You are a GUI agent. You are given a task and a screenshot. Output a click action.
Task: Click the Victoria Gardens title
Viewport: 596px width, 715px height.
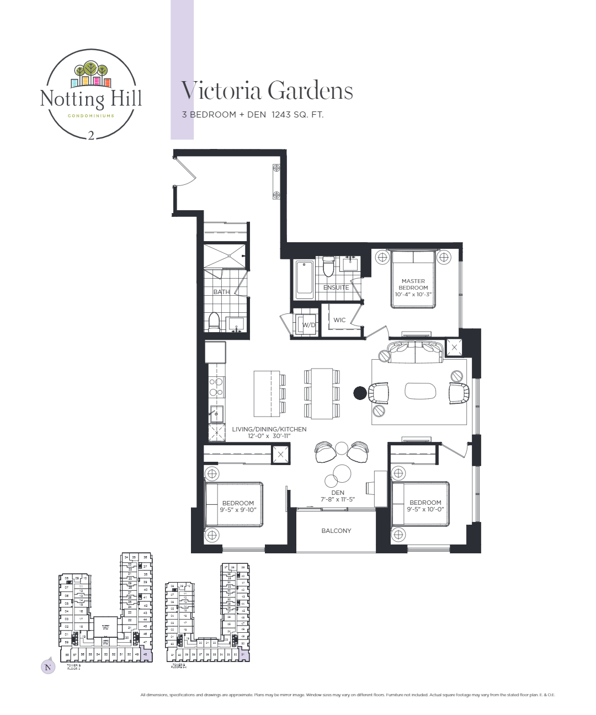point(267,91)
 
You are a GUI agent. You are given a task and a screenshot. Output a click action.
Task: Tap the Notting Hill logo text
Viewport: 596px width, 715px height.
point(91,99)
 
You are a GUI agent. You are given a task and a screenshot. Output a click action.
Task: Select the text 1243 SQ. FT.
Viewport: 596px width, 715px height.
point(297,115)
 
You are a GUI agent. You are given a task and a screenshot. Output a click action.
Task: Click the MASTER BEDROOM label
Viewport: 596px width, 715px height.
point(413,284)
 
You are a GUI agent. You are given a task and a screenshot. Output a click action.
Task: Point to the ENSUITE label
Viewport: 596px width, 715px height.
point(336,287)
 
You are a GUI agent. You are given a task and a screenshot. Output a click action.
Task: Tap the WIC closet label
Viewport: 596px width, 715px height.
point(339,320)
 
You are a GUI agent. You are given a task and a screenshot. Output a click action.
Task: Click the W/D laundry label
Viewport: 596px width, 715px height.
point(308,325)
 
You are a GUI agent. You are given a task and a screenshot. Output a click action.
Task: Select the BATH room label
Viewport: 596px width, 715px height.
point(221,292)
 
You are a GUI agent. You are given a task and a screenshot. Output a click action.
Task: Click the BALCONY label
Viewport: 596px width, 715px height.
point(336,531)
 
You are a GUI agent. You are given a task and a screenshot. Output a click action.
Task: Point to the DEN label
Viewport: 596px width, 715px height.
point(338,493)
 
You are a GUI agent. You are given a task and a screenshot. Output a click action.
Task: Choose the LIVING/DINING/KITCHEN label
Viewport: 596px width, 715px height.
point(269,429)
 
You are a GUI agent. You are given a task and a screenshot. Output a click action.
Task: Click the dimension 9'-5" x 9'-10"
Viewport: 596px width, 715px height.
point(238,510)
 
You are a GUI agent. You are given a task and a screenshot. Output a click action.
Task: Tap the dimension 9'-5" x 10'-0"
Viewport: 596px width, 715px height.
point(425,509)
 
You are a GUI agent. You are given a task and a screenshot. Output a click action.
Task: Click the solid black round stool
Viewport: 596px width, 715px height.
point(360,393)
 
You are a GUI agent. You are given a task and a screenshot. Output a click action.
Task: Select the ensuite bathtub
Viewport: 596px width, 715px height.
point(304,280)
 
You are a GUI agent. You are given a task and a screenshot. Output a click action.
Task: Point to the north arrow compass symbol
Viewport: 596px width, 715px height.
point(48,666)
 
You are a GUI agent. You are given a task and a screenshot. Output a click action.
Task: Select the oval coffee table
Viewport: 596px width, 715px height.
point(420,391)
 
